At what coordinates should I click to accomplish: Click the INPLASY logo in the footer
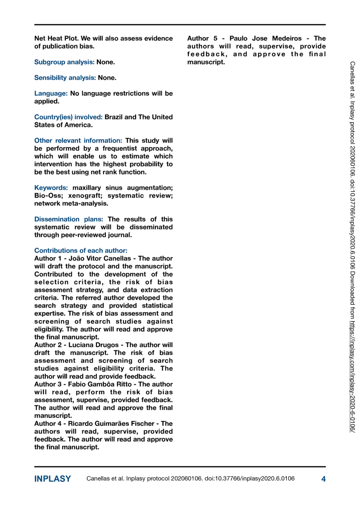pos(52,479)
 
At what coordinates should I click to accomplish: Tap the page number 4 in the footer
pos(323,479)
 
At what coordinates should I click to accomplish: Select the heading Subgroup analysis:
pos(64,62)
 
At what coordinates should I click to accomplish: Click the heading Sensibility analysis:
pos(65,78)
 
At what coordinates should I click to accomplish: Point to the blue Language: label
pos(51,93)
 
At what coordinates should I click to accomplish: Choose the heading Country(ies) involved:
pos(68,117)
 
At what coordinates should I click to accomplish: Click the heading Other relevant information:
pos(78,141)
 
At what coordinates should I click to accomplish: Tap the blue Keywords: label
pos(51,188)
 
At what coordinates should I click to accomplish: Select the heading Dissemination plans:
pos(69,219)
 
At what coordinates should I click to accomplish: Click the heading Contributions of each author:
pos(81,251)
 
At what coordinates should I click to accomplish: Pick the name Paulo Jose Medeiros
pos(266,38)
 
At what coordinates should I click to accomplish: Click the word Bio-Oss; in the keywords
pos(48,196)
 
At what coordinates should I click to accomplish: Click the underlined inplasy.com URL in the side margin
pos(352,376)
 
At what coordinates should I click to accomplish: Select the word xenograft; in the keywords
pos(85,196)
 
